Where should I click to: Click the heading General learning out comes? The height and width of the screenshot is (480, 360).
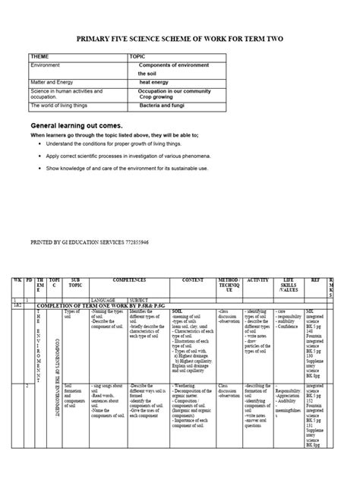coord(75,125)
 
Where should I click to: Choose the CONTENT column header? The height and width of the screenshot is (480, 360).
coord(193,279)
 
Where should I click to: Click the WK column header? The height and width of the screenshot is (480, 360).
coord(16,279)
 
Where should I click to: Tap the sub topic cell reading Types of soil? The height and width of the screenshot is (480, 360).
coord(72,311)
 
